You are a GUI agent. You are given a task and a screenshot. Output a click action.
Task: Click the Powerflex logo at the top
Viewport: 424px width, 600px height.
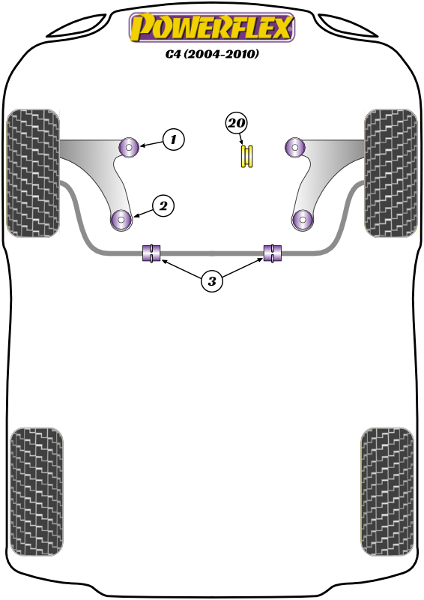click(x=212, y=27)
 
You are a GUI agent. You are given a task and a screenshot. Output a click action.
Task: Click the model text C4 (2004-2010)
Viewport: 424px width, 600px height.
click(x=212, y=54)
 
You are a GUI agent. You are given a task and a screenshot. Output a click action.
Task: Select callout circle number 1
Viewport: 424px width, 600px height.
click(x=174, y=139)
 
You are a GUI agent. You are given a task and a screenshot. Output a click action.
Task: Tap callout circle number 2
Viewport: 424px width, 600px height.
click(x=163, y=205)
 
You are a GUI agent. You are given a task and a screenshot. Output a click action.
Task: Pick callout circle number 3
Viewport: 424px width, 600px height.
click(x=211, y=281)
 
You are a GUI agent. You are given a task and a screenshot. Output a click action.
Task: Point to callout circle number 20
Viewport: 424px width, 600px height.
click(x=237, y=123)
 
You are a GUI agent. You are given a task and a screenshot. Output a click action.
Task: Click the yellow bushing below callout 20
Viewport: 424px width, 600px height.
click(x=247, y=156)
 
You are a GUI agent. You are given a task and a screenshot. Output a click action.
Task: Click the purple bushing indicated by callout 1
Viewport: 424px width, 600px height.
click(x=128, y=147)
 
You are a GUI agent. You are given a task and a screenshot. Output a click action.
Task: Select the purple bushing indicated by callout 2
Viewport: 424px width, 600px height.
click(x=121, y=220)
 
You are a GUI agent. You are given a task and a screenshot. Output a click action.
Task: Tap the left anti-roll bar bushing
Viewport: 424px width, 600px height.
click(x=151, y=253)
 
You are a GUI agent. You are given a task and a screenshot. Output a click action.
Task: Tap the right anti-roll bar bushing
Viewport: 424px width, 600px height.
click(x=273, y=253)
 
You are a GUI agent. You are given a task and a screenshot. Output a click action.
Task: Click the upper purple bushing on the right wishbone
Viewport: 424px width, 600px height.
click(x=294, y=147)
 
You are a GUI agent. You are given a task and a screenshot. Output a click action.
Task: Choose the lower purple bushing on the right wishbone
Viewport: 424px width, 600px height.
click(x=303, y=220)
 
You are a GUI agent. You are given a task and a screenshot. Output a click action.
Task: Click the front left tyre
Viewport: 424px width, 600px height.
click(x=33, y=173)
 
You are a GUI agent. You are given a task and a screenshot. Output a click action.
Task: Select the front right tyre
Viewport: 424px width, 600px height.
click(x=391, y=173)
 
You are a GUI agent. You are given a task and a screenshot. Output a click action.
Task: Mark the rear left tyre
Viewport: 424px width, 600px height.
click(x=36, y=492)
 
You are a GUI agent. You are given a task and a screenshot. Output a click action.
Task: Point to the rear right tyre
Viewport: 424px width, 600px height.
click(x=387, y=492)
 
